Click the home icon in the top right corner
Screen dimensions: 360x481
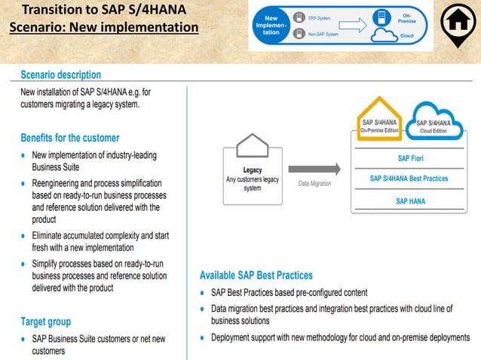[x=456, y=23]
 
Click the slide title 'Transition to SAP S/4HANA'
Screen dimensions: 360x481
[x=104, y=11]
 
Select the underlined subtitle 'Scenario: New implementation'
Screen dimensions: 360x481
[x=104, y=28]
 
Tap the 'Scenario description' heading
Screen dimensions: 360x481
[x=60, y=75]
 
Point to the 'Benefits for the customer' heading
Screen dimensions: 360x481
[x=69, y=138]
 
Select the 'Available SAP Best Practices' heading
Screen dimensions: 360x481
[x=256, y=275]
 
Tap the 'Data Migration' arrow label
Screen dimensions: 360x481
[x=314, y=183]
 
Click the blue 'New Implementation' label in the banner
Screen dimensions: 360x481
[x=270, y=24]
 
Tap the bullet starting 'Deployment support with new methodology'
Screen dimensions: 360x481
[x=340, y=337]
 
